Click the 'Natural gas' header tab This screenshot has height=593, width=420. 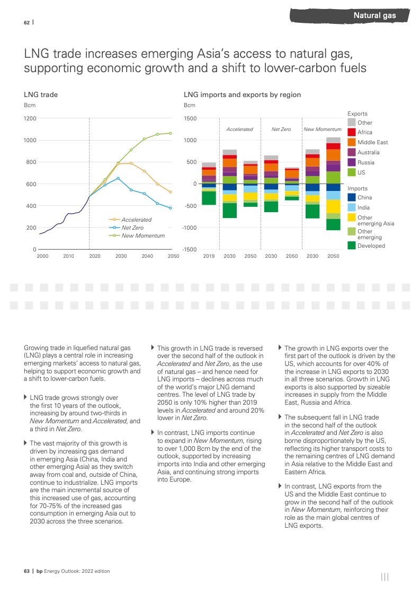374,15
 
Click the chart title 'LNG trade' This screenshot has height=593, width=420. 41,95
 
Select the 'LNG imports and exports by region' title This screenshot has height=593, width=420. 242,95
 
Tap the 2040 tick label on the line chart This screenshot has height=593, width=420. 147,256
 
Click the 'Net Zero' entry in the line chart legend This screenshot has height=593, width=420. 132,228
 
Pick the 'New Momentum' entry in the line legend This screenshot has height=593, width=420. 143,236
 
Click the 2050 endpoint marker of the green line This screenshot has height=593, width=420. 171,133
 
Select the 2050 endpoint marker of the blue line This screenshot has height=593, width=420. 171,208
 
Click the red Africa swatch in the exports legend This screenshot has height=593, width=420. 351,132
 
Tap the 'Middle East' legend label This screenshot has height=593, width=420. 372,142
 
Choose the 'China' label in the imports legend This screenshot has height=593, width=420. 365,197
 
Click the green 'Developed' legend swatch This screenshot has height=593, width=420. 351,246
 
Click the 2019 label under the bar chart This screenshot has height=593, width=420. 209,256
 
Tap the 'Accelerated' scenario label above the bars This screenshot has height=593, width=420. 239,129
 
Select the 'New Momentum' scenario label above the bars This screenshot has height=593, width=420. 322,129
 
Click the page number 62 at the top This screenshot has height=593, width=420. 26,22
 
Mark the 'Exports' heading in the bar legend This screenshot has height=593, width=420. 357,114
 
